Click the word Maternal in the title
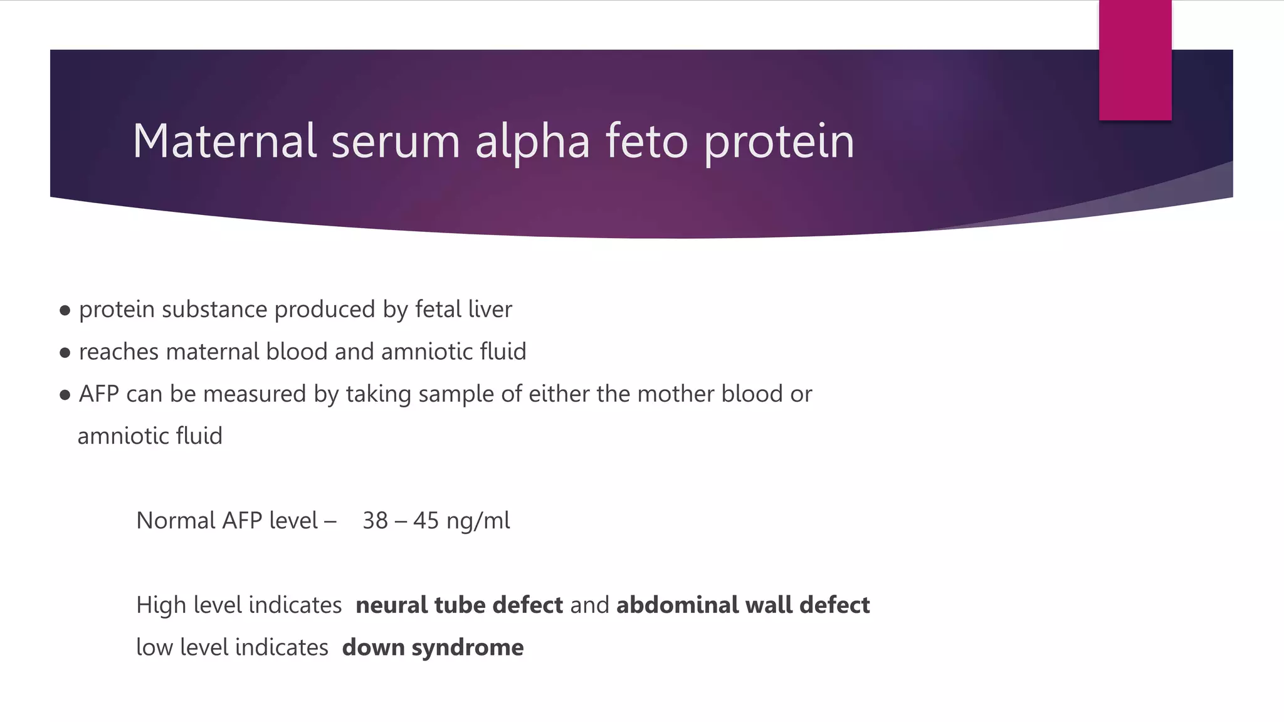[x=224, y=141]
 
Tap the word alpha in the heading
[x=532, y=142]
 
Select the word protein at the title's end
[x=779, y=142]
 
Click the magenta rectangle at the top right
[x=1135, y=60]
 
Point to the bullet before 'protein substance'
[x=65, y=310]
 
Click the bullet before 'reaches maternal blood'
[x=65, y=353]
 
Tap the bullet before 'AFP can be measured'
[x=65, y=395]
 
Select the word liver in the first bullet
[x=490, y=310]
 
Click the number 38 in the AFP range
[x=375, y=521]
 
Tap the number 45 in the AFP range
[x=426, y=521]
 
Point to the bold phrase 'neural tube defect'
[x=459, y=605]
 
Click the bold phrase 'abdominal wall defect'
[x=743, y=605]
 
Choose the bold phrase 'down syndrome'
[x=433, y=647]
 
